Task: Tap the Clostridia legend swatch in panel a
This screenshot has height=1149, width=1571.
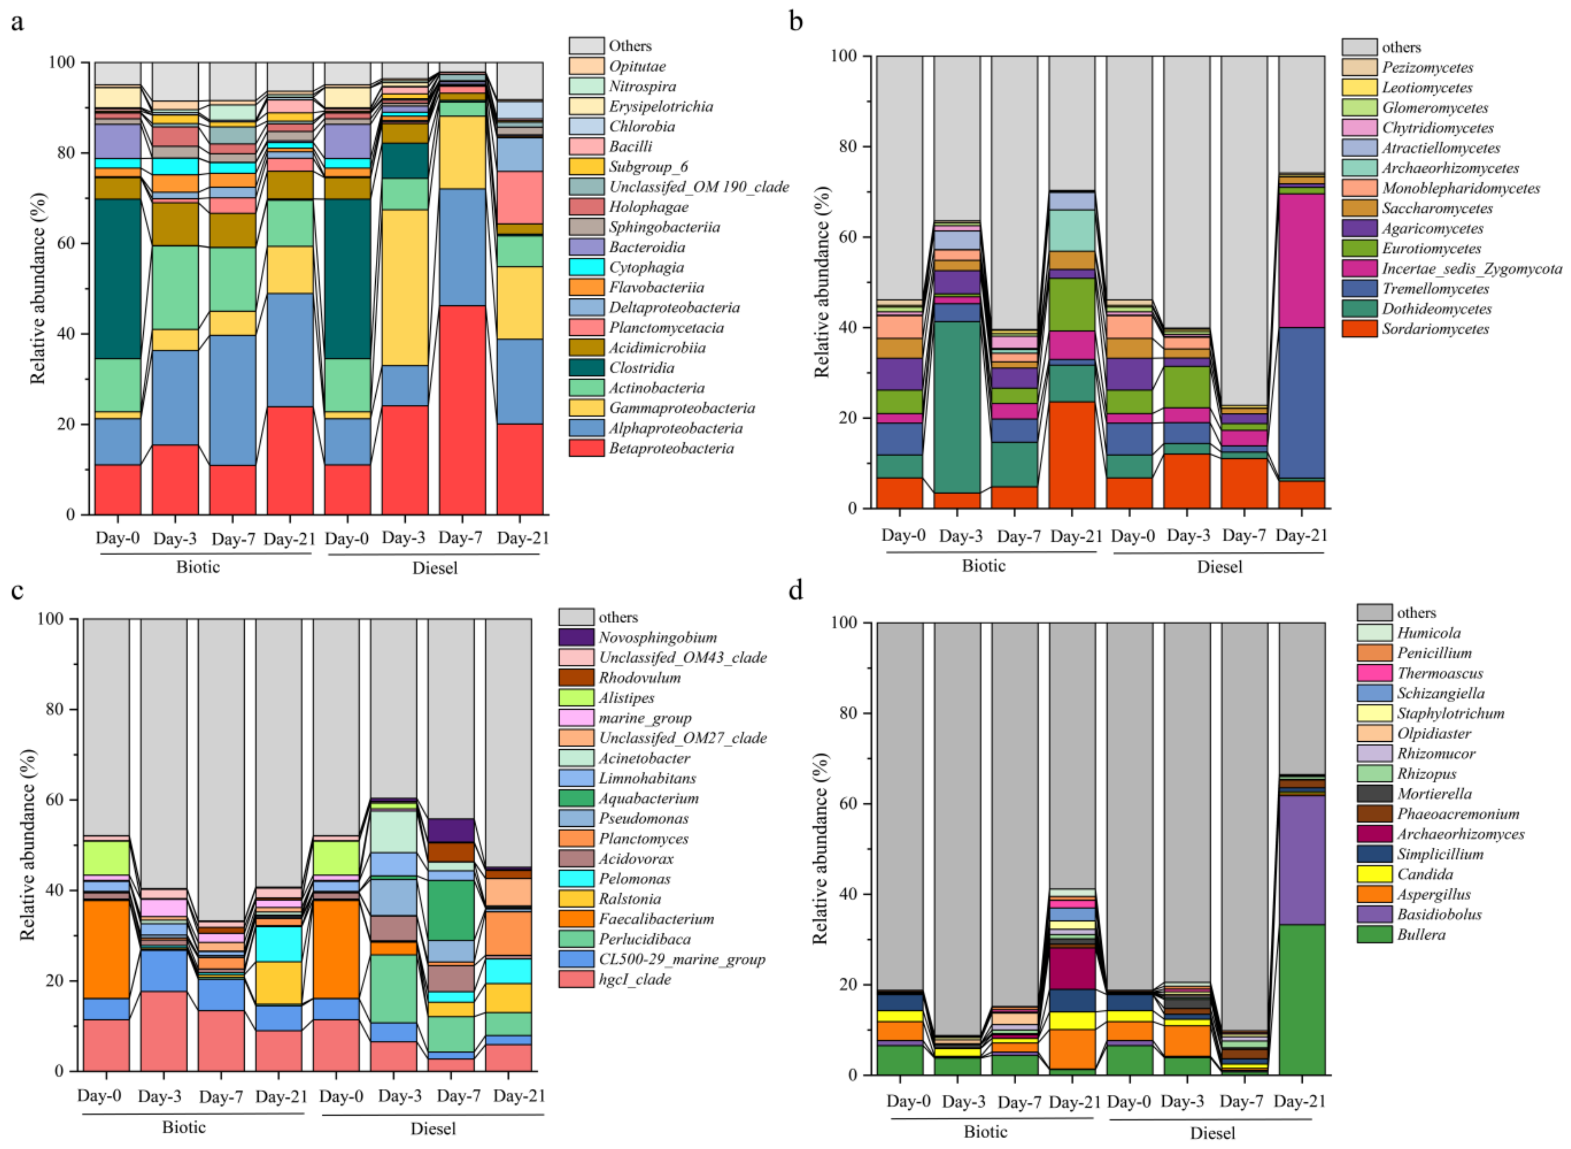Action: (585, 367)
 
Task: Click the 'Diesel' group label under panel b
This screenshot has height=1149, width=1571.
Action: (1219, 567)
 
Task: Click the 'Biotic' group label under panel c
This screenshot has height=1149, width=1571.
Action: (184, 1127)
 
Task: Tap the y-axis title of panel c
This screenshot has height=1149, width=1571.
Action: (28, 844)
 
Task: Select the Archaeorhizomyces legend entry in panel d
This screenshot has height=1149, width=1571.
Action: (1460, 834)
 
